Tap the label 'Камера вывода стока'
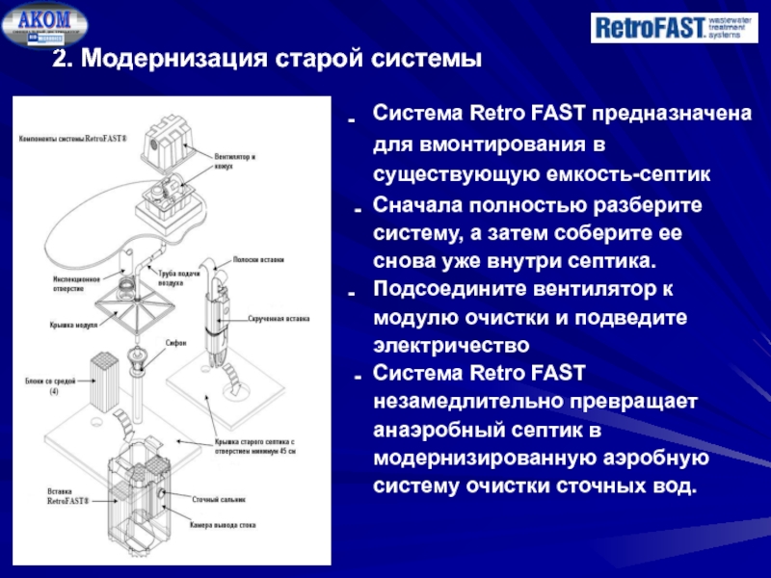click(x=226, y=525)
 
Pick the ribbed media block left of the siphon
click(x=103, y=379)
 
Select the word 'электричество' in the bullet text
click(x=452, y=343)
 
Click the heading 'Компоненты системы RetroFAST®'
click(x=72, y=140)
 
